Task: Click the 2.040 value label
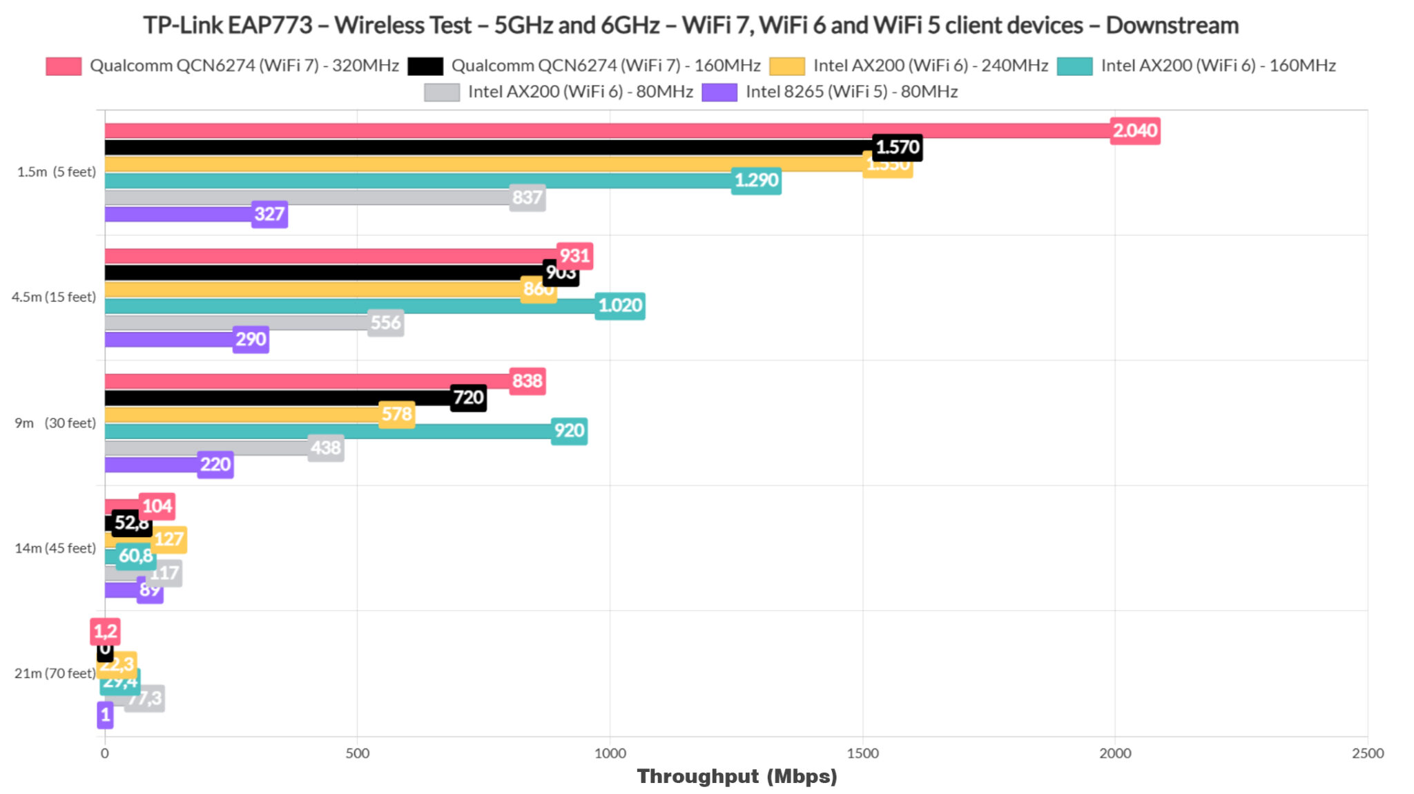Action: tap(1135, 130)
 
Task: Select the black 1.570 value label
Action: tap(897, 147)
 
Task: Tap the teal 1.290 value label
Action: tap(756, 181)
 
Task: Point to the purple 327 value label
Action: tap(269, 214)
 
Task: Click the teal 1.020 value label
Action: tap(619, 306)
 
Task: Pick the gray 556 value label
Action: tap(385, 322)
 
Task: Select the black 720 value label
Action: tap(468, 398)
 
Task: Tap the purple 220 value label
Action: tap(215, 465)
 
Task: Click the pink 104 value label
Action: tap(157, 506)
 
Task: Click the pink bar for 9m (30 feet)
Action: tap(307, 381)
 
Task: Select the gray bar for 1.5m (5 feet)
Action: tap(307, 197)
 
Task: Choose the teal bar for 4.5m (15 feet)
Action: tap(349, 306)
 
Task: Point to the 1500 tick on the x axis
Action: tap(862, 753)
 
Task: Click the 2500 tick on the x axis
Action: tap(1367, 753)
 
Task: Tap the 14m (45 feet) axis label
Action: tap(55, 548)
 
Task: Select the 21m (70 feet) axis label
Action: tap(55, 673)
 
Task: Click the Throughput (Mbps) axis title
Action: tap(737, 776)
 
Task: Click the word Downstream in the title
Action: tap(1172, 26)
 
